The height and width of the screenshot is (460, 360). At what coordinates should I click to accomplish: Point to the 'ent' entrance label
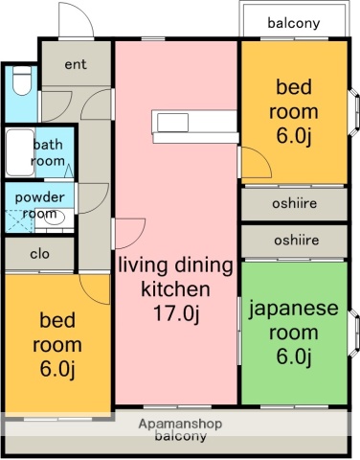click(77, 65)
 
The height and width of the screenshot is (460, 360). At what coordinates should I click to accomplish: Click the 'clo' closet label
click(39, 254)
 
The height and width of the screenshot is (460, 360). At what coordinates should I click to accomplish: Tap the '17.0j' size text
click(175, 311)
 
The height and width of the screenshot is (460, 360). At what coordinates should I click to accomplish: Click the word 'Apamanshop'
click(180, 424)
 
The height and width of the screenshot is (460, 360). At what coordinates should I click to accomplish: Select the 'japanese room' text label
click(293, 321)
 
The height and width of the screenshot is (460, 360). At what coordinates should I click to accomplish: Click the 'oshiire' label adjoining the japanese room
click(293, 240)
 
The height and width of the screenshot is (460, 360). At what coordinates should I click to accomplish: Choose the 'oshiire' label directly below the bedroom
click(293, 204)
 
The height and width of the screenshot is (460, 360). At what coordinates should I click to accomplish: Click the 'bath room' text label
click(48, 153)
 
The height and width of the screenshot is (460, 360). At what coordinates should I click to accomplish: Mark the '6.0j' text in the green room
click(293, 357)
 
